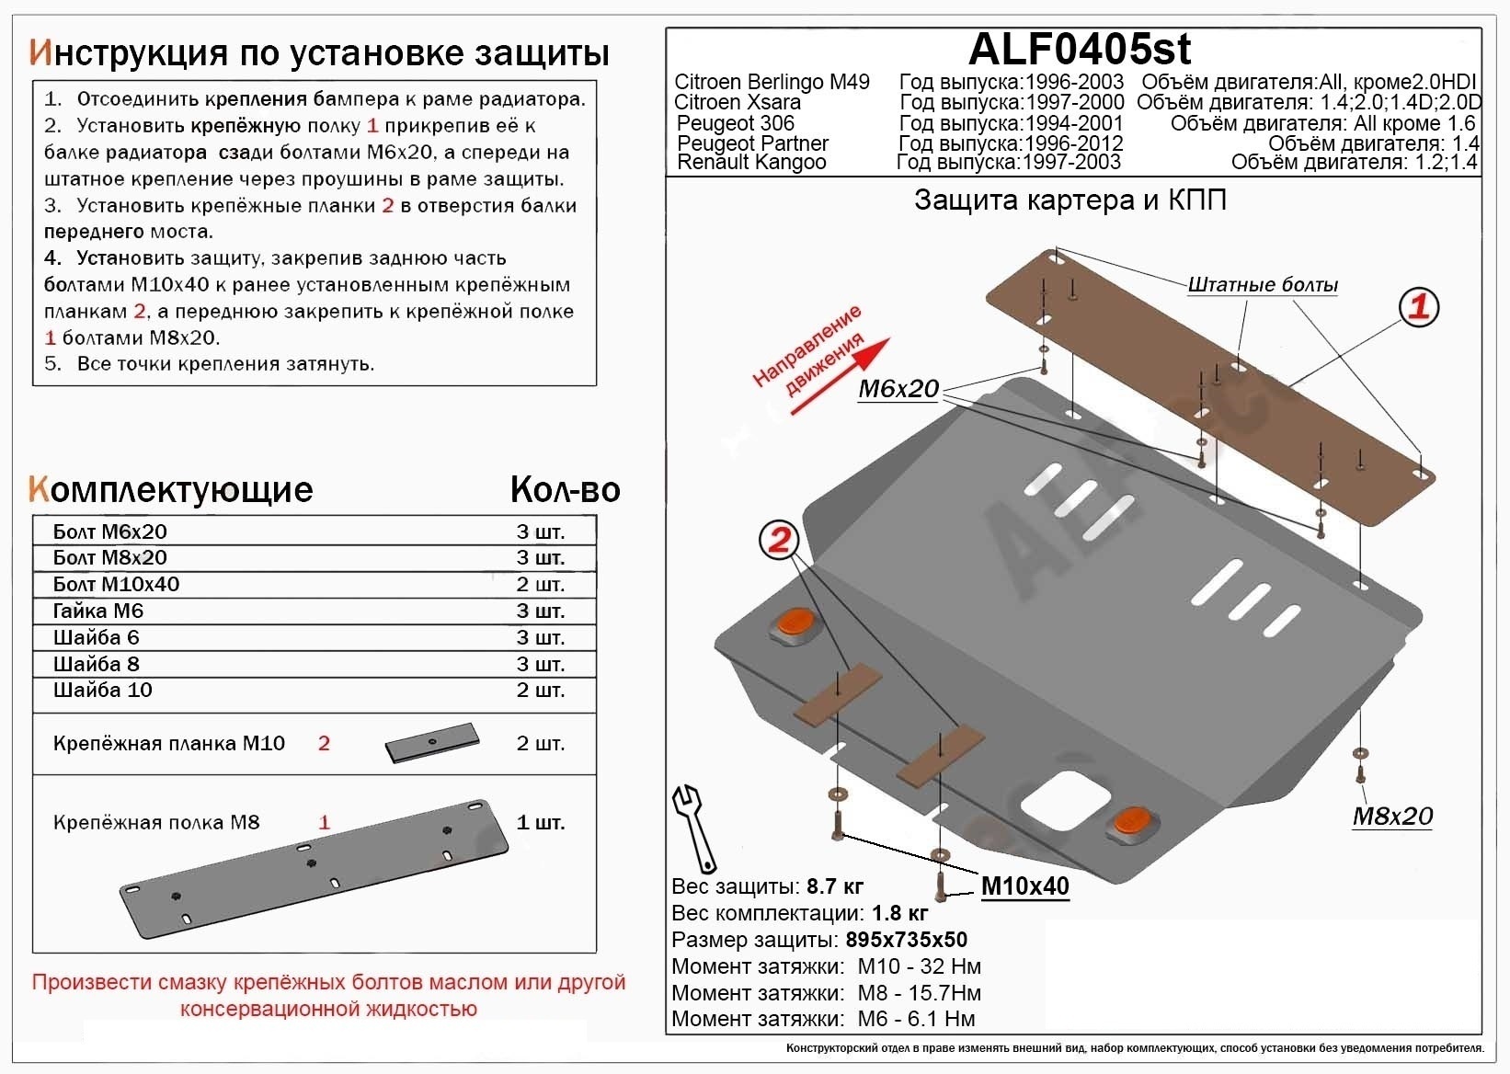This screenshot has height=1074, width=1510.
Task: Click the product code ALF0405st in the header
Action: click(x=1080, y=48)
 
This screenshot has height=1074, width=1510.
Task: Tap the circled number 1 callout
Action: click(x=1418, y=306)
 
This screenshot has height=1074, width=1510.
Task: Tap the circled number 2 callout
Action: click(x=779, y=540)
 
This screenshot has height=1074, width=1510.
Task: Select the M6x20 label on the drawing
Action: click(x=898, y=389)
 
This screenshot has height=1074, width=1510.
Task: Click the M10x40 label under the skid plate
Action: click(x=1024, y=885)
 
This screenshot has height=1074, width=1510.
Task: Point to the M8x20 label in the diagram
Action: click(x=1391, y=816)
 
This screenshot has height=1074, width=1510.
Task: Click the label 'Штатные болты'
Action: click(x=1262, y=284)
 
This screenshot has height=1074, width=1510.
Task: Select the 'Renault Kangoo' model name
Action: click(x=751, y=163)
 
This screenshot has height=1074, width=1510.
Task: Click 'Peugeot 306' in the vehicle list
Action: click(x=735, y=123)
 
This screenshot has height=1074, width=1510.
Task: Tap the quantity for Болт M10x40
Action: click(x=540, y=584)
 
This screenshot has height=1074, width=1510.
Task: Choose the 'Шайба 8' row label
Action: click(x=97, y=664)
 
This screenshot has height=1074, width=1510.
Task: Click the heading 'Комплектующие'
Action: click(x=171, y=489)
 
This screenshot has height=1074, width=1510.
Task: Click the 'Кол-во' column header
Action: click(x=565, y=490)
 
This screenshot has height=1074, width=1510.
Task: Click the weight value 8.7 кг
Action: click(x=834, y=886)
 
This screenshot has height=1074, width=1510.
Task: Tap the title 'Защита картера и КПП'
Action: click(x=1070, y=200)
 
